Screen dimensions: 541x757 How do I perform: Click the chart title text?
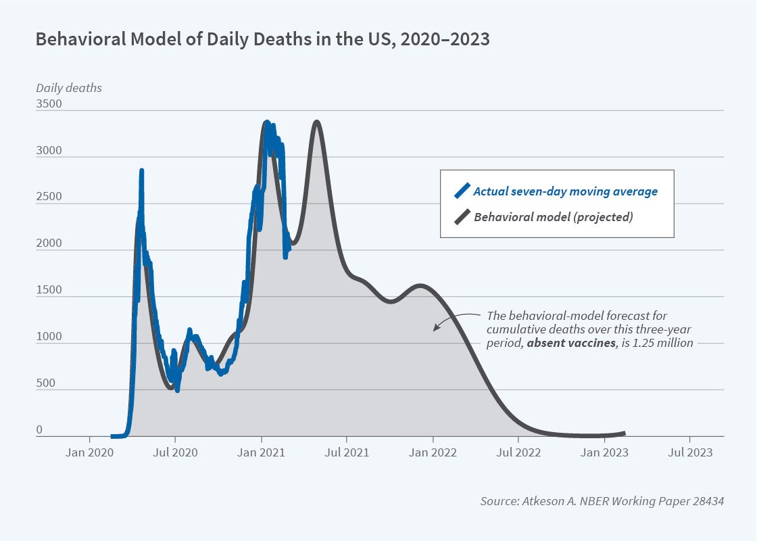262,40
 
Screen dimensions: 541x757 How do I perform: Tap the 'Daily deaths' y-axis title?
69,88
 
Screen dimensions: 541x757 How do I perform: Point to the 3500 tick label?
49,105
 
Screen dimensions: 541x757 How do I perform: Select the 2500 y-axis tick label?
49,197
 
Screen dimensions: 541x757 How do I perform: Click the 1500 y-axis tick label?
49,290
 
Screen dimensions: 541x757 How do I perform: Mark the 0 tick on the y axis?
39,430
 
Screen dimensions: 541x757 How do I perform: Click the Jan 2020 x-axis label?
90,453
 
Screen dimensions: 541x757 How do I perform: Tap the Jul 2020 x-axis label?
175,453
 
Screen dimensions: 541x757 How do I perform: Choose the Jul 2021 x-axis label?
347,453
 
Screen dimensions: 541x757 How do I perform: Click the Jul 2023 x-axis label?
689,453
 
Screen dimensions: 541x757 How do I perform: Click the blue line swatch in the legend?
462,191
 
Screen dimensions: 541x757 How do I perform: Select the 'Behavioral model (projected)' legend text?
553,217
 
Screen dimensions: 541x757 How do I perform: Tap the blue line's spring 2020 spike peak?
141,171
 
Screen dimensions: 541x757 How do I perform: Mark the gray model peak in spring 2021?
316,122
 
